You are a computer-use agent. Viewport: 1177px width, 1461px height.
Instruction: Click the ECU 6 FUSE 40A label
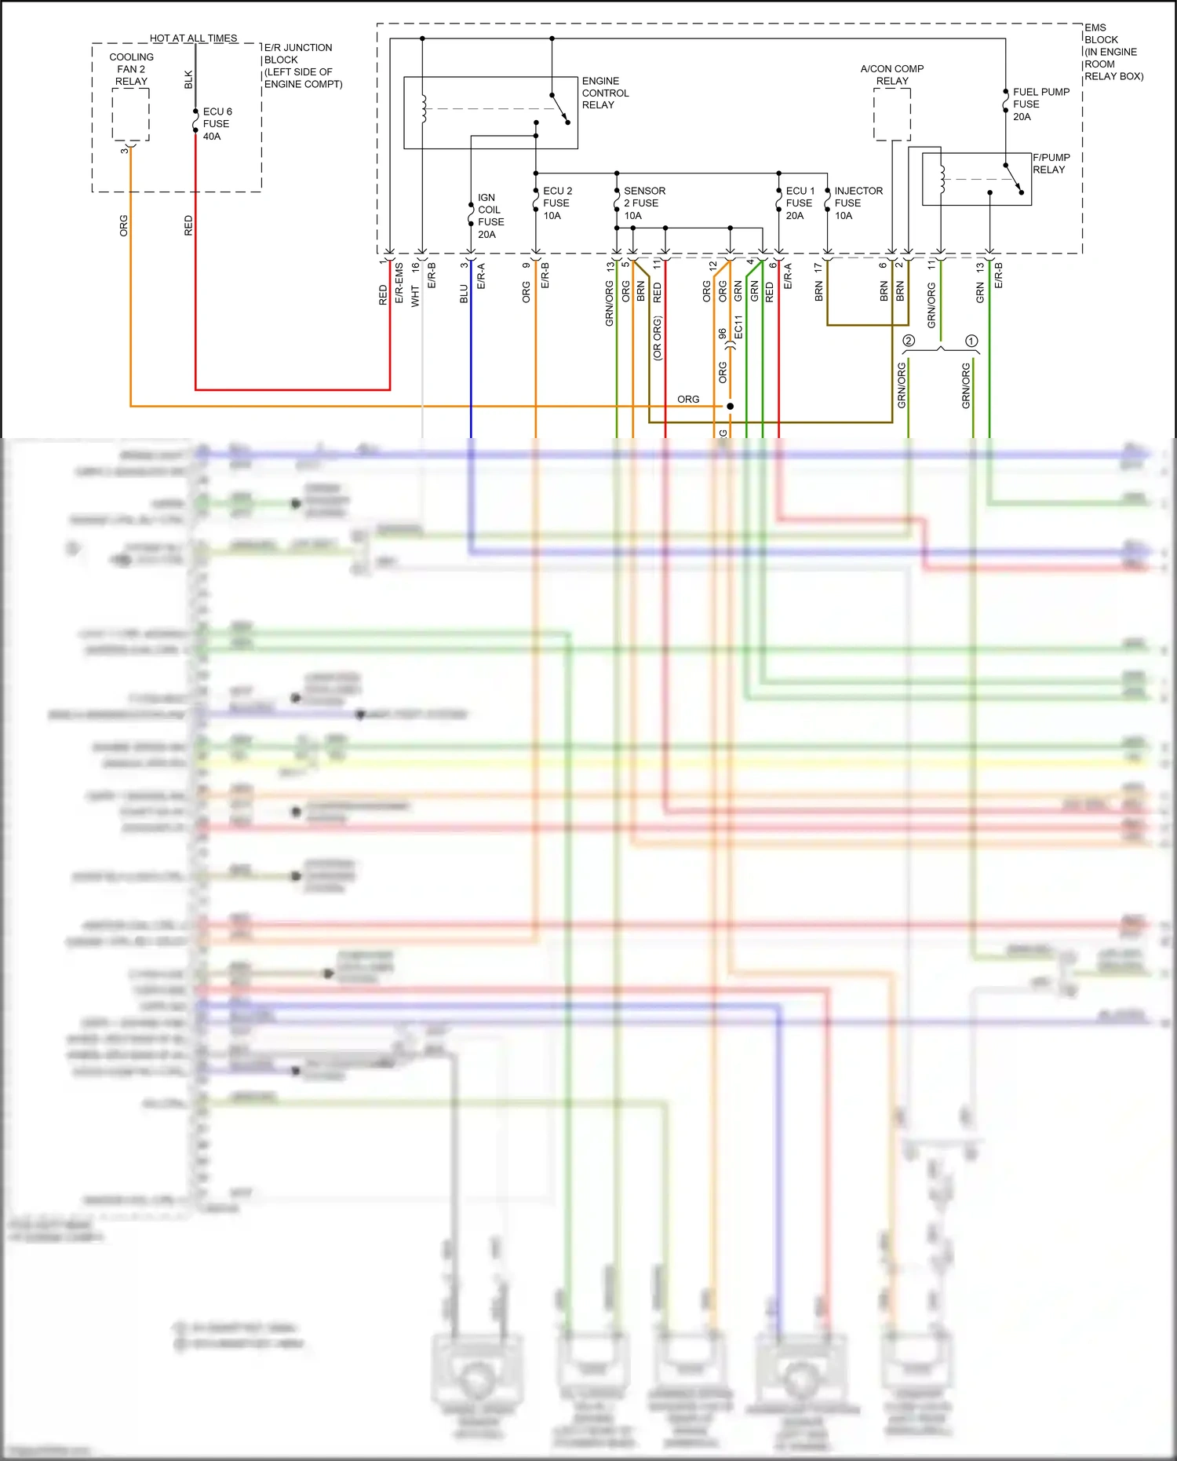click(217, 124)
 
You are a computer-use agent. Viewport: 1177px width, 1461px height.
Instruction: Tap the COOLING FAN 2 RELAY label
click(131, 69)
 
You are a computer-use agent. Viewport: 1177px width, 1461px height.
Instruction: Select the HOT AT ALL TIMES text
click(193, 38)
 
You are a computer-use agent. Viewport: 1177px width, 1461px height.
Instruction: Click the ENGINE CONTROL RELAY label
click(605, 93)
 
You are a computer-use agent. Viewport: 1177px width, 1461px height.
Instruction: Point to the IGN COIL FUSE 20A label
click(490, 216)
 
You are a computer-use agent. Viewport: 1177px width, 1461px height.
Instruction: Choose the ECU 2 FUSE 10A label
click(557, 203)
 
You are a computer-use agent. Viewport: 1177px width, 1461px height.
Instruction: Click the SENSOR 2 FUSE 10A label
click(643, 203)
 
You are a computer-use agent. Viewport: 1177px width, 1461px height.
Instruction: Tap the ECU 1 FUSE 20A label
click(800, 203)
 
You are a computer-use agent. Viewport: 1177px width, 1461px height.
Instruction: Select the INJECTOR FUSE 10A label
click(858, 203)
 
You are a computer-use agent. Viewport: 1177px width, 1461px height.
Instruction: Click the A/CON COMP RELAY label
click(892, 75)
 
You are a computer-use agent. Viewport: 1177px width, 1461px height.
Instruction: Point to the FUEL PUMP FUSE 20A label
click(1040, 104)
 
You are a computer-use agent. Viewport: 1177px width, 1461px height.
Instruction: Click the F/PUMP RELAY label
click(1051, 163)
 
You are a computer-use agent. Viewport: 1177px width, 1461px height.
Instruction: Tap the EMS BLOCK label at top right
click(1113, 52)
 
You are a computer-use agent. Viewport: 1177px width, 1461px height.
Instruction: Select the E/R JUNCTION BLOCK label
click(303, 66)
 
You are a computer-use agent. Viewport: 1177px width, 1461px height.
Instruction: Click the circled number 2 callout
click(909, 341)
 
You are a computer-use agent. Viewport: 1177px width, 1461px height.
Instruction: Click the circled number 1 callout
click(971, 341)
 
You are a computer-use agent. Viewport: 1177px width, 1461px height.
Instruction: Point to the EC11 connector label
click(738, 327)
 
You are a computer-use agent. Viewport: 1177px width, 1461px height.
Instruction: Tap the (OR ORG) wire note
click(658, 338)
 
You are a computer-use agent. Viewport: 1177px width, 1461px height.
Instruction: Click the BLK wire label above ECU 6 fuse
click(188, 79)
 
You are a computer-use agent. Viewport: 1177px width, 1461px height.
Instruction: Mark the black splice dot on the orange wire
click(730, 406)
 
